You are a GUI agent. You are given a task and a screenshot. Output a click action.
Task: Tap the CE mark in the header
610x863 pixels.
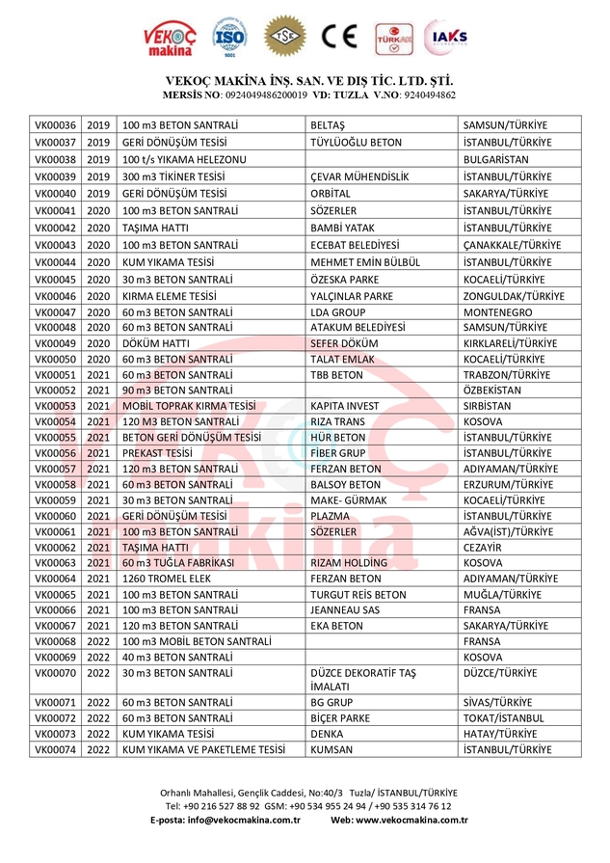[x=340, y=39]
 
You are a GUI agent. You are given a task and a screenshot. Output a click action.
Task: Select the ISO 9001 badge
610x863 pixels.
[x=230, y=39]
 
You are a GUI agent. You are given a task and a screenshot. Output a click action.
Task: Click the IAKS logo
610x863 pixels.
[x=449, y=39]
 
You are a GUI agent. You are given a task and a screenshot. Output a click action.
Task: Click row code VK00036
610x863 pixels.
[x=55, y=125]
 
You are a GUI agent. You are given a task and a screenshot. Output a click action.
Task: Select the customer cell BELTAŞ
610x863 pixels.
[x=328, y=125]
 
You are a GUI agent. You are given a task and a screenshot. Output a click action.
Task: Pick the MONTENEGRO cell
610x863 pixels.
[x=497, y=313]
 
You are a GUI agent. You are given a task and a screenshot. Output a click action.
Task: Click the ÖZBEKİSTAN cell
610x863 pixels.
[x=491, y=390]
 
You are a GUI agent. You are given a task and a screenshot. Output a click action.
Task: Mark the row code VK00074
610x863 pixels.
[x=55, y=749]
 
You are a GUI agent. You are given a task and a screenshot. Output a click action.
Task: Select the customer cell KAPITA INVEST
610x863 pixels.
[x=345, y=406]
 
